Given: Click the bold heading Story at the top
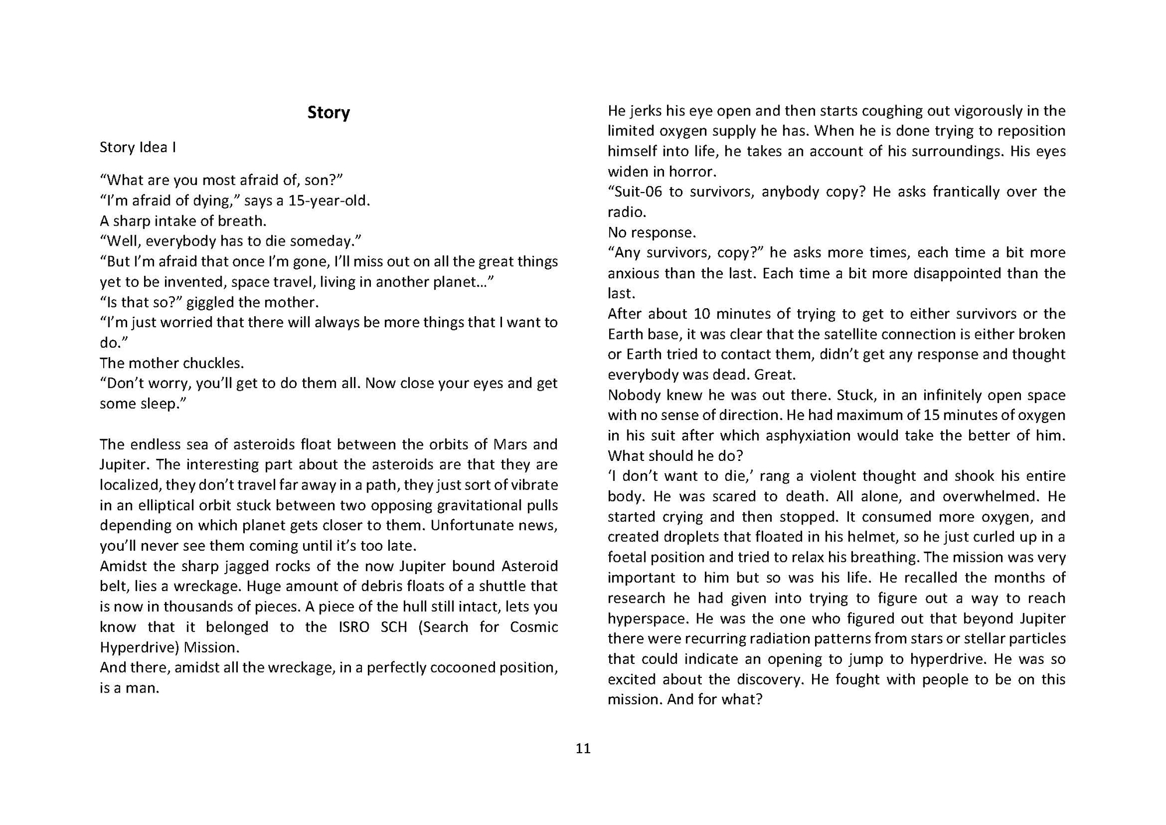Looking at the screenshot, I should (328, 113).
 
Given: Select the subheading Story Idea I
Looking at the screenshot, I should (138, 147).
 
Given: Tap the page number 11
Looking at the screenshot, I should (583, 749).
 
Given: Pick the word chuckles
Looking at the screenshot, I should (213, 363).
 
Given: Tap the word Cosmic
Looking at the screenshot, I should (533, 627).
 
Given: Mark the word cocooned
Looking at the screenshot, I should (461, 667).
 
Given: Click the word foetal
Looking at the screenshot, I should (627, 557).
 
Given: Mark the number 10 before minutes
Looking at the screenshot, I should (701, 314).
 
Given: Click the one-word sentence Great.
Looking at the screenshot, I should (775, 375).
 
